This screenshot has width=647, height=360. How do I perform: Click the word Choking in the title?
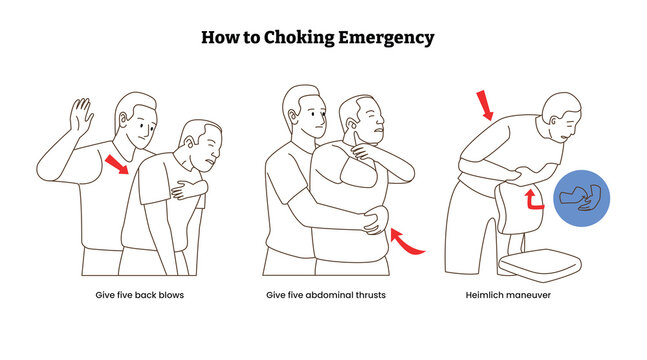click(299, 38)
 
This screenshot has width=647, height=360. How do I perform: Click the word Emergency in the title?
click(386, 38)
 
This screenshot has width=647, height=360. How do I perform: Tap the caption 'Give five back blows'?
click(139, 295)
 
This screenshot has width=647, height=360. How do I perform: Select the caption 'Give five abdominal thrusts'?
click(326, 295)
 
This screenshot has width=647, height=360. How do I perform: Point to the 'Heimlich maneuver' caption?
click(508, 295)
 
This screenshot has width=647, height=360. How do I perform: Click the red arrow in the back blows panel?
click(117, 164)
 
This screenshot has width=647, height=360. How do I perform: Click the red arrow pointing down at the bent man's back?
click(485, 105)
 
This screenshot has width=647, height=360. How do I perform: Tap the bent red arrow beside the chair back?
click(533, 200)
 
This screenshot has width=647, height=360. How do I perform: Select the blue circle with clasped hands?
click(581, 198)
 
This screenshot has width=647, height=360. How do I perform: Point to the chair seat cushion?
click(540, 264)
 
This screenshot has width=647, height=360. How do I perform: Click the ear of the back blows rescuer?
click(123, 119)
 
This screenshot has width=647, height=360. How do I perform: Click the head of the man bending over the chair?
click(562, 117)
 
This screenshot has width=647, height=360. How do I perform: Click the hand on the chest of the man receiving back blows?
click(188, 189)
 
